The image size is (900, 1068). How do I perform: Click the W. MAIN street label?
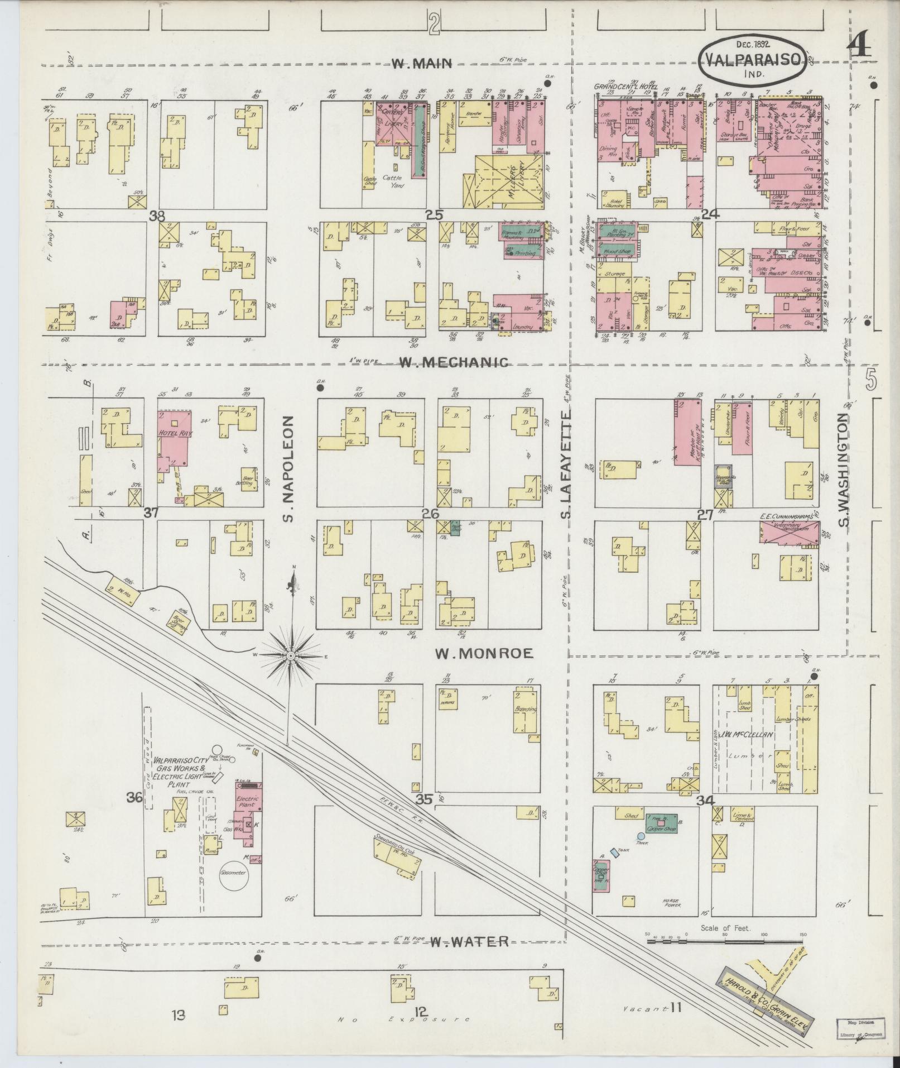[x=421, y=64]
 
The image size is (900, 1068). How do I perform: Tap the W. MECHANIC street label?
[x=454, y=362]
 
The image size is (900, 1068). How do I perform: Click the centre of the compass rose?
[x=291, y=654]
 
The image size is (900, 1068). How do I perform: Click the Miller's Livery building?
[x=508, y=180]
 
